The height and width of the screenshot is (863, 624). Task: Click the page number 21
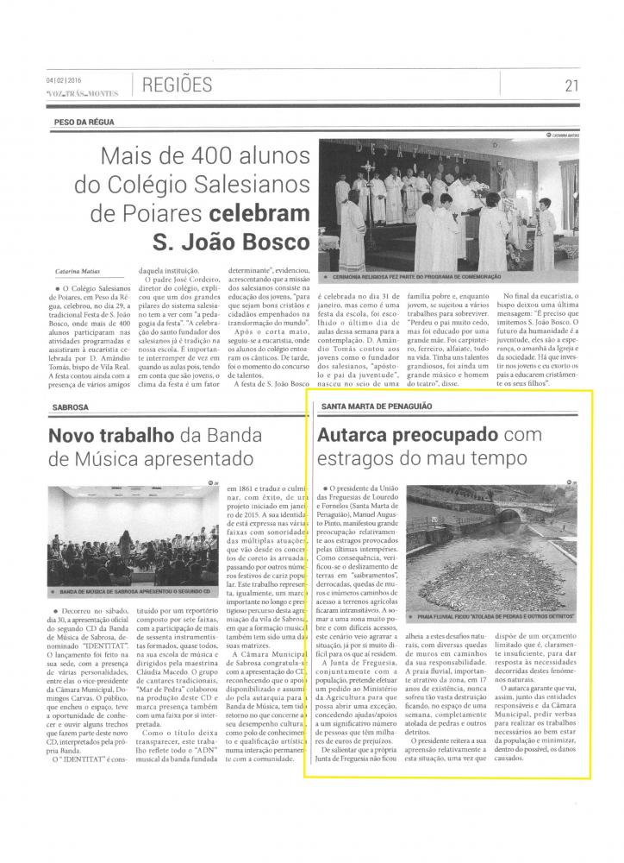point(571,85)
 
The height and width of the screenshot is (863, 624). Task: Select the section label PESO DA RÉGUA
point(84,123)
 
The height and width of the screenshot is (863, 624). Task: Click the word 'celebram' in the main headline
point(259,212)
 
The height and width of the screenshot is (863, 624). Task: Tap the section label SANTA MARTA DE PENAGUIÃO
point(376,406)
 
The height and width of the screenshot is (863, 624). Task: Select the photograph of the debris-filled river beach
point(495,539)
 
